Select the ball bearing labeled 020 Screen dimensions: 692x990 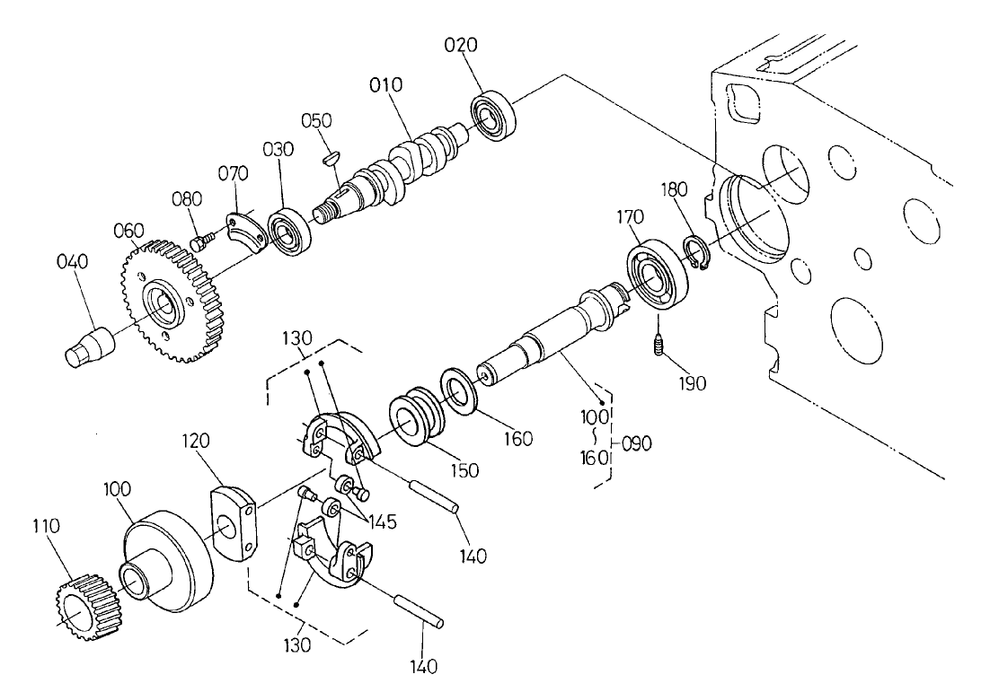493,114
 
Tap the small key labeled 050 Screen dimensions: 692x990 330,156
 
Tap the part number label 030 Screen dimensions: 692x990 278,150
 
